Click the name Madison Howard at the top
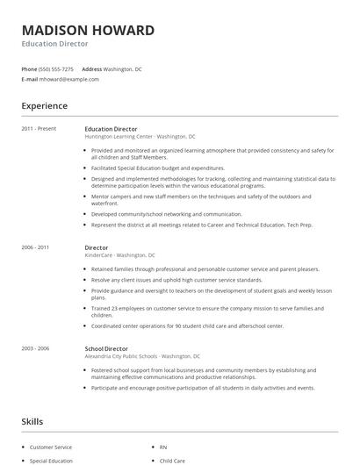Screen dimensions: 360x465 click(x=88, y=31)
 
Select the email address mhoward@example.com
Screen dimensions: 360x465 click(x=70, y=79)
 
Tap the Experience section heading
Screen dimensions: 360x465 click(x=45, y=106)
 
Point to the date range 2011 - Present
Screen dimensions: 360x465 click(x=40, y=129)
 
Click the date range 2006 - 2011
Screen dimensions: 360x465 click(x=36, y=248)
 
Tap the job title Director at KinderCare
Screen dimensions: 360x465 click(x=97, y=248)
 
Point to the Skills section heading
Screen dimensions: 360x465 click(x=32, y=422)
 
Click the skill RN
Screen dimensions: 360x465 click(x=164, y=447)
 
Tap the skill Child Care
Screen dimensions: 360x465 click(x=172, y=461)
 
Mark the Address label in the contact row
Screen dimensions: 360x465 click(x=91, y=68)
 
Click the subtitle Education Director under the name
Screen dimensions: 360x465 click(x=56, y=43)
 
